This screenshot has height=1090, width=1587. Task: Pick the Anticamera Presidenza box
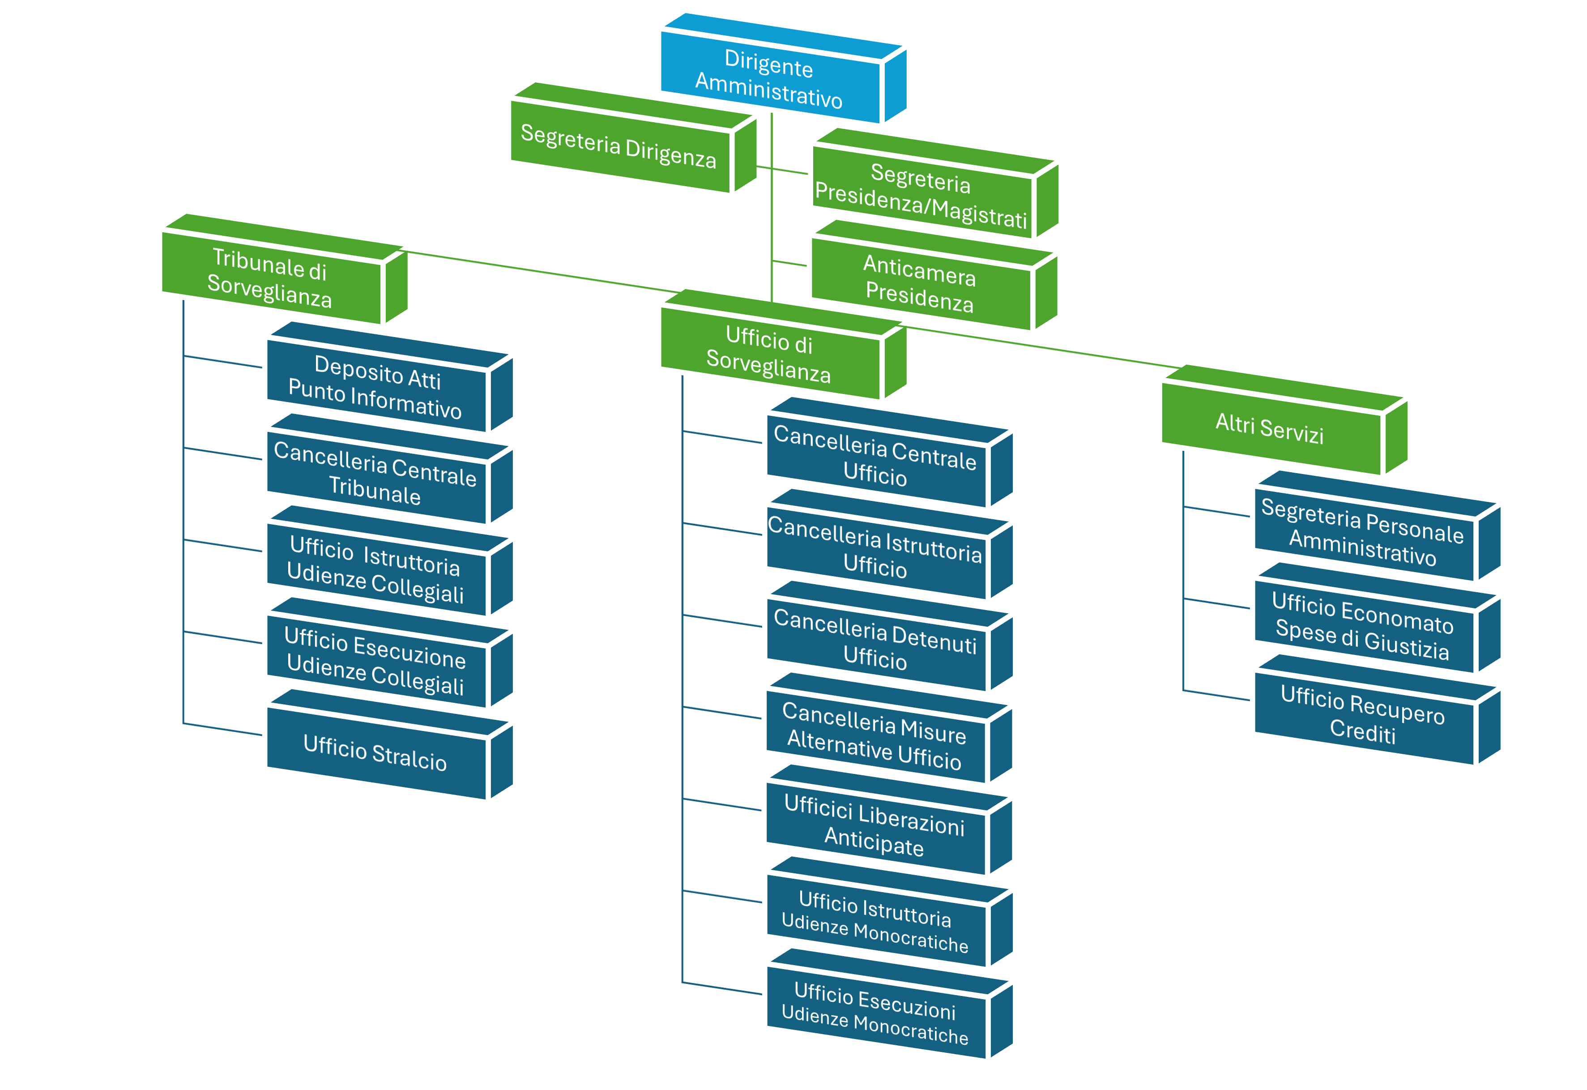coord(920,283)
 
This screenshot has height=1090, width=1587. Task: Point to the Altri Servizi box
coord(1269,429)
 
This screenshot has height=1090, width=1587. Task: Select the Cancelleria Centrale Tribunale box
coord(375,473)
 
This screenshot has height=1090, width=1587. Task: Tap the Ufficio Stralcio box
coord(375,752)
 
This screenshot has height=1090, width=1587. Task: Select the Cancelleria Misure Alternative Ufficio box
coord(875,735)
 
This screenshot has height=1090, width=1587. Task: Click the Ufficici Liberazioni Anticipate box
coord(875,825)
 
